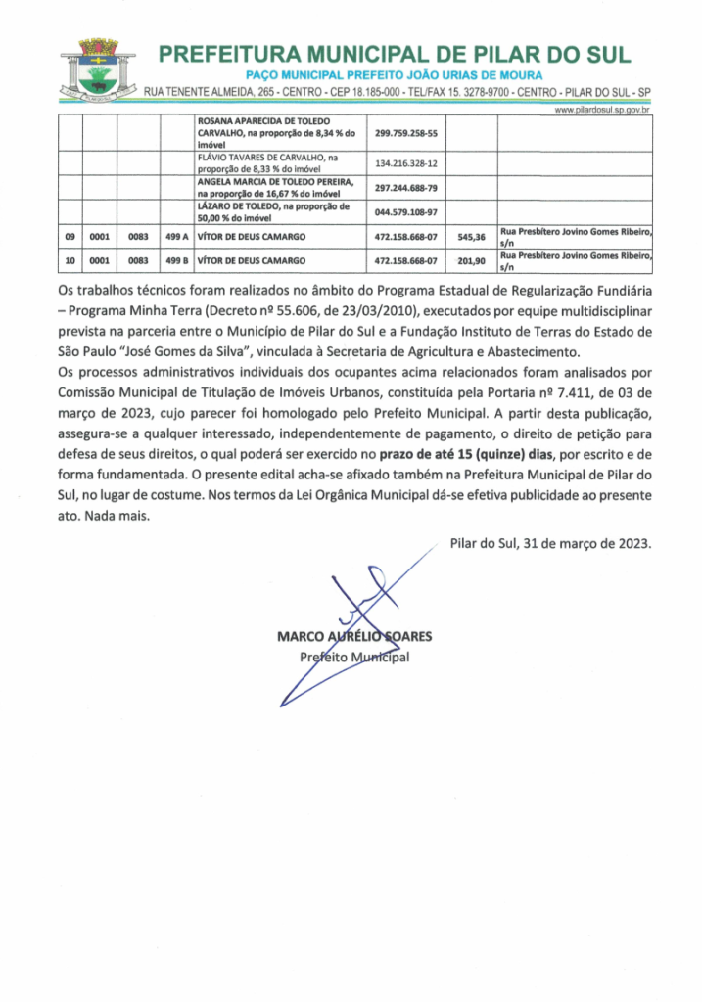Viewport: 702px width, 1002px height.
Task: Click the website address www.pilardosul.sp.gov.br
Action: pos(603,111)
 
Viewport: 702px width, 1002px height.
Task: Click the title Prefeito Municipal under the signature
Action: pos(353,657)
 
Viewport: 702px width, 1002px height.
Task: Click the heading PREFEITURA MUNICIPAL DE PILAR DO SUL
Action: pos(395,54)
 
